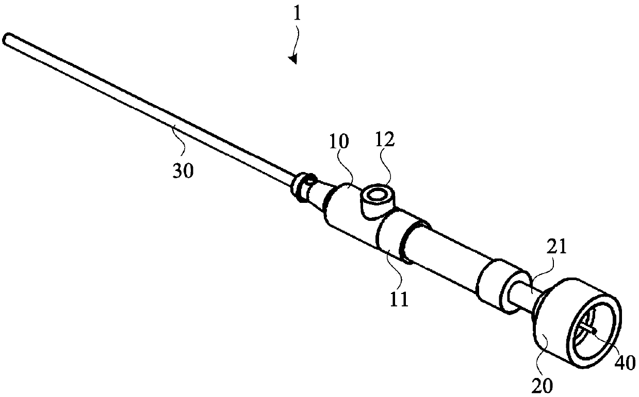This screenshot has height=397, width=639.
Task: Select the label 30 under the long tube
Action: coord(183,170)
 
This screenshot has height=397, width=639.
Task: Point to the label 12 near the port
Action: coord(381,139)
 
